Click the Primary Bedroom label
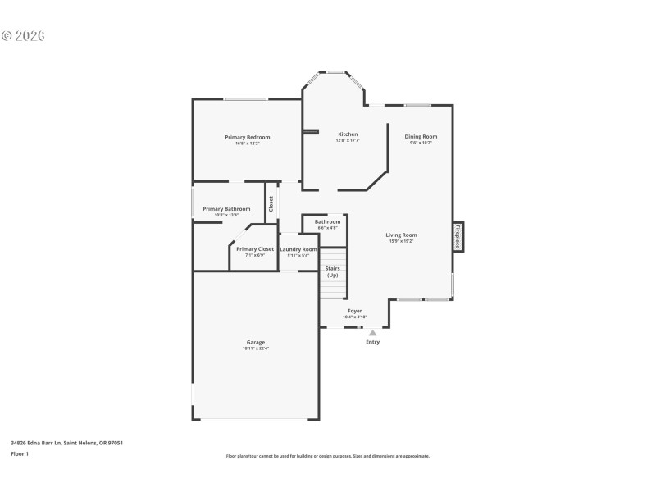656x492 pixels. point(247,137)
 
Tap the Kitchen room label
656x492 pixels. point(348,134)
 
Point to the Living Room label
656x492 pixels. point(402,235)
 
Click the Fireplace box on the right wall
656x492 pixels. point(458,236)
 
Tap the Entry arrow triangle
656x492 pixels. point(372,333)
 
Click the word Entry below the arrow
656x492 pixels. point(372,342)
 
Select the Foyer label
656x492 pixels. point(354,311)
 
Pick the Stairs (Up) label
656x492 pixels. point(333,271)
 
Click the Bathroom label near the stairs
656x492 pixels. point(327,222)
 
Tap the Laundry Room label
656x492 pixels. point(298,249)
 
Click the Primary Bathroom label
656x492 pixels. point(226,209)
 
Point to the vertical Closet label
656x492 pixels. point(271,204)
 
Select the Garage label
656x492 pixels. point(256,342)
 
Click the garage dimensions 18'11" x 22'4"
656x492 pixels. point(256,348)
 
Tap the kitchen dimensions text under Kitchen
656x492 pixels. point(348,141)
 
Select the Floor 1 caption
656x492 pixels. point(20,453)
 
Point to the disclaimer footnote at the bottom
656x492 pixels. point(327,456)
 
